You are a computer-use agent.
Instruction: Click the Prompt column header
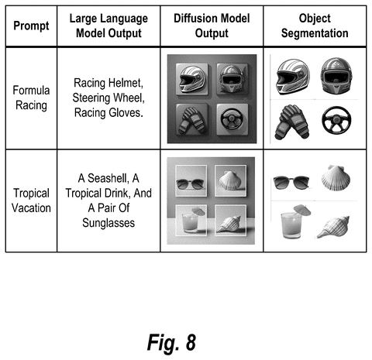pos(31,26)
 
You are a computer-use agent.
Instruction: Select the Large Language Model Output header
pos(108,26)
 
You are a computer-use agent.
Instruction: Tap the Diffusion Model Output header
pos(212,26)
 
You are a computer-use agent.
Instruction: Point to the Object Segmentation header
pos(315,26)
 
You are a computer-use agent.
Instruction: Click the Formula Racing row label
pos(31,98)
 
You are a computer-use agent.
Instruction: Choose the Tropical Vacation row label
pos(31,201)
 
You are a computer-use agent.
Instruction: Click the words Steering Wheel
pos(108,98)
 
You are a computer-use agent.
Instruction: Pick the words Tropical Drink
pos(102,193)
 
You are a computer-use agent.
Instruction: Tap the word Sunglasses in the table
pos(108,223)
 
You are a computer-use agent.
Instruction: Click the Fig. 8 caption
pos(171,342)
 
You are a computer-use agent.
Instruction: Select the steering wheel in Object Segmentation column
pos(336,120)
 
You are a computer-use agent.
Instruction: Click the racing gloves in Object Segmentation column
pos(291,122)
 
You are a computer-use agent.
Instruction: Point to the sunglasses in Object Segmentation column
pos(291,182)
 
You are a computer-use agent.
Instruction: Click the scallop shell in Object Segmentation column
pos(336,178)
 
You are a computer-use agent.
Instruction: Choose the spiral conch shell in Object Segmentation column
pos(333,227)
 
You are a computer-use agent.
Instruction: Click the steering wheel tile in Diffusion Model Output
pos(232,119)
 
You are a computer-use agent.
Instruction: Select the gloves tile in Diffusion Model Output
pos(192,119)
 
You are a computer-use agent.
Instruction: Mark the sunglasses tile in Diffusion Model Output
pos(191,180)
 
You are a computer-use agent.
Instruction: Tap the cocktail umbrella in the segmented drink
pos(302,209)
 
